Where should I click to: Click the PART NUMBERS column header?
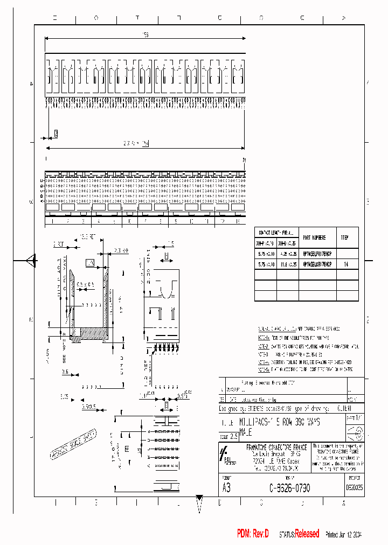click(x=314, y=236)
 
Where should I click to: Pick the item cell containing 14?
click(x=346, y=265)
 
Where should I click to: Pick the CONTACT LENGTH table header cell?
click(x=276, y=233)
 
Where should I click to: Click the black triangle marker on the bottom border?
click(x=199, y=498)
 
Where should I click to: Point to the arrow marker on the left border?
click(x=31, y=261)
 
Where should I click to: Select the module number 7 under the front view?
click(x=145, y=221)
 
